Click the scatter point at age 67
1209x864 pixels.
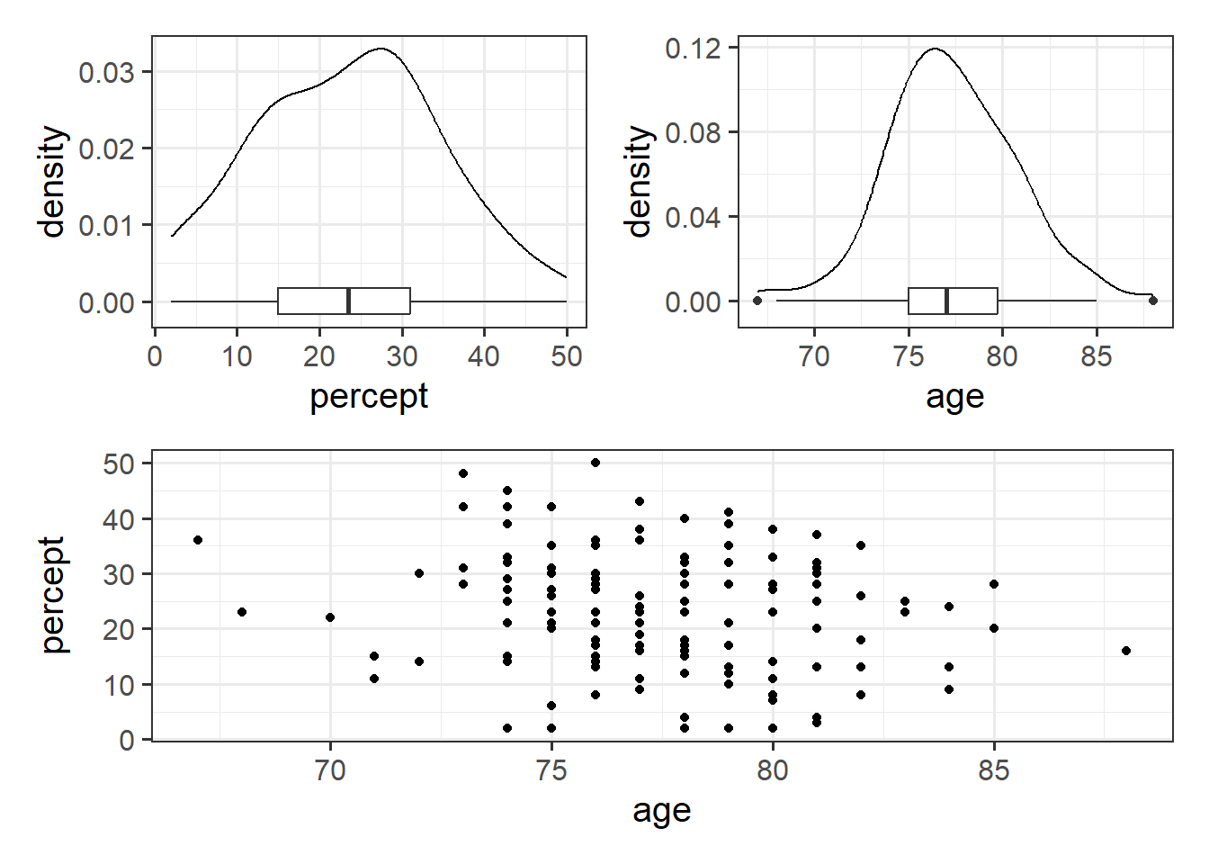[198, 540]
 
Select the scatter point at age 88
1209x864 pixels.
[1126, 651]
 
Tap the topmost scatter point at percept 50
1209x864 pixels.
[596, 463]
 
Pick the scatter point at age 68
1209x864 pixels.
[242, 612]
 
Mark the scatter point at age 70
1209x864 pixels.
[330, 617]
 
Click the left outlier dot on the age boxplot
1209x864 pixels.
[757, 301]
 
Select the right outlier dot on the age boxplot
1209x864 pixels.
[1153, 301]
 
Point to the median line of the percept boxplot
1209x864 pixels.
[348, 301]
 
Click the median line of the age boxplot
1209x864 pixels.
[946, 301]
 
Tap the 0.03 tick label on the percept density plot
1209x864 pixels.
[106, 72]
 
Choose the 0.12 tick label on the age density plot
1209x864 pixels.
[693, 48]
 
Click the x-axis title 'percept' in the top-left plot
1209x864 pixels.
[369, 397]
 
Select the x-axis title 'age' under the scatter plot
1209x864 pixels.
[662, 811]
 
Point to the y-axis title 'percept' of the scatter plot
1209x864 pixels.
[53, 595]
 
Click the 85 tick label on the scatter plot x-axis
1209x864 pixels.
[994, 770]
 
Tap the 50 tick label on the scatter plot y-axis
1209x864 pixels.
[119, 464]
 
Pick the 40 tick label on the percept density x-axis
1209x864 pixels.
[484, 356]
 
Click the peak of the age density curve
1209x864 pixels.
[935, 49]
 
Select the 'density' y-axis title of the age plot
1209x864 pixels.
[638, 181]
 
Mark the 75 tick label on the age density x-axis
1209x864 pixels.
[909, 356]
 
